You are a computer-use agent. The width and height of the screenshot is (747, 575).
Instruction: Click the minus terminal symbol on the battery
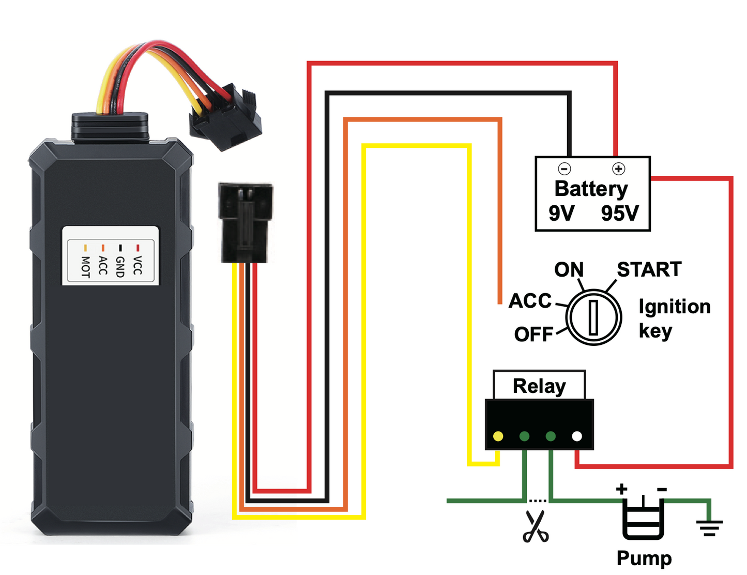tap(564, 169)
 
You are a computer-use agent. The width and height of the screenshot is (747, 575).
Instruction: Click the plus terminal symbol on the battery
tap(618, 169)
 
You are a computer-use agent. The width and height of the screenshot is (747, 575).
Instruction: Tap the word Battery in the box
tap(591, 189)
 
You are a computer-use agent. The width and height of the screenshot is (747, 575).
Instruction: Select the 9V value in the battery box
tap(561, 213)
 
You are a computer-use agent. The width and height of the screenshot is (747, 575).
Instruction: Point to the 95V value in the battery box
tap(620, 213)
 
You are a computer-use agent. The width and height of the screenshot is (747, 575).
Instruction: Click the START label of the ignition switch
tap(649, 269)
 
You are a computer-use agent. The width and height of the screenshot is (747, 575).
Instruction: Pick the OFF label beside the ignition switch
tap(533, 335)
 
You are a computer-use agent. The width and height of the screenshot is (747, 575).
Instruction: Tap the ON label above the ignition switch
tap(569, 269)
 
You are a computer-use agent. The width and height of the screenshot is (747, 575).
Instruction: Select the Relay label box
tap(539, 385)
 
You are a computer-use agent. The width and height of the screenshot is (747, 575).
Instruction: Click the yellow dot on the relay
tap(498, 436)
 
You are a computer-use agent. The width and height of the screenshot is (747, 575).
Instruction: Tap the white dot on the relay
tap(577, 436)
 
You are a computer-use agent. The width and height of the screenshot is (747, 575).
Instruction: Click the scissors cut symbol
tap(536, 526)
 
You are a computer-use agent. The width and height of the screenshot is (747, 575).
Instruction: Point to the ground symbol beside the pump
tap(709, 526)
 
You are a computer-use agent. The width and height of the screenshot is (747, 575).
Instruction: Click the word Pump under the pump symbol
tap(644, 558)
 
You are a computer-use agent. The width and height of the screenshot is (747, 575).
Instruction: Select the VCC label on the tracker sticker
tap(137, 265)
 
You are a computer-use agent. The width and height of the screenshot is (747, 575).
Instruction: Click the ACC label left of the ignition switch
tap(530, 301)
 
